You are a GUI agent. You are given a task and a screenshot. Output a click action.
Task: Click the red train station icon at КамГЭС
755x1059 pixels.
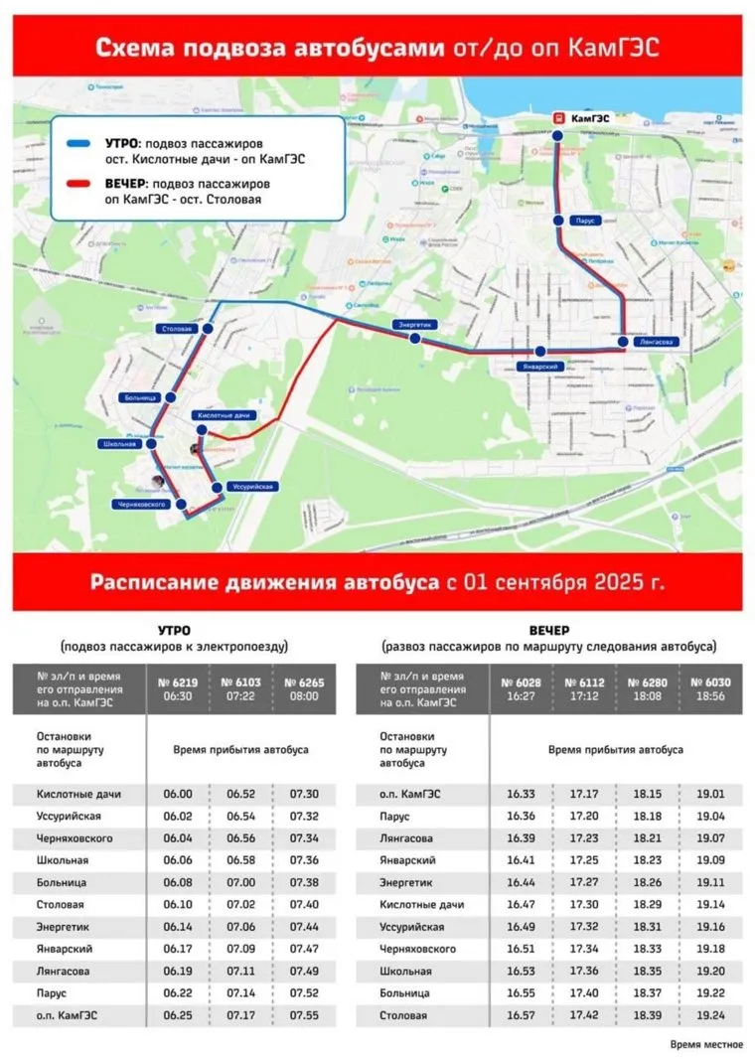click(558, 116)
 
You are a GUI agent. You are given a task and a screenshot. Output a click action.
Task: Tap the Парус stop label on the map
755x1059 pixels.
click(584, 221)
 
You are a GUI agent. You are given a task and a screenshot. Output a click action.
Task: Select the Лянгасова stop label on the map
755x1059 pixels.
click(655, 342)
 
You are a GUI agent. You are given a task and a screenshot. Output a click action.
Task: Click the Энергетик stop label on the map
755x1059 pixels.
click(413, 325)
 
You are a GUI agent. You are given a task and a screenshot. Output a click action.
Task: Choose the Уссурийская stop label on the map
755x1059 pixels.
click(248, 486)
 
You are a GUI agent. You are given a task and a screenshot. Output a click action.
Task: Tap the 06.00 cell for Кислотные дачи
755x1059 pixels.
click(179, 795)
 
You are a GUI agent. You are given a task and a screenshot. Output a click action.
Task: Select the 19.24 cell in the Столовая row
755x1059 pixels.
click(709, 1016)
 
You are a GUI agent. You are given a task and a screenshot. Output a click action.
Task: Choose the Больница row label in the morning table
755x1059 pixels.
click(62, 883)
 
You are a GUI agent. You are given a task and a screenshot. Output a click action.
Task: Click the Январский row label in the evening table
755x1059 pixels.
click(407, 860)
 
